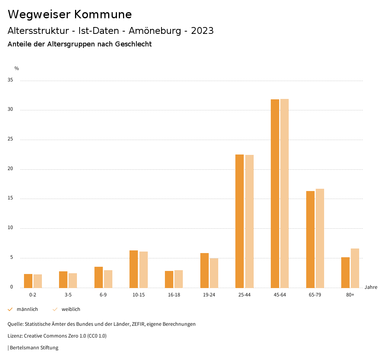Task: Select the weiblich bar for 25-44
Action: pyautogui.click(x=249, y=221)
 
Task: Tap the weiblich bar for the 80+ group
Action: pyautogui.click(x=355, y=268)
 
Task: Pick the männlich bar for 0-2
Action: pyautogui.click(x=28, y=281)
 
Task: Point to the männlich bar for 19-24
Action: pyautogui.click(x=205, y=270)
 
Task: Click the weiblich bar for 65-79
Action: pyautogui.click(x=320, y=238)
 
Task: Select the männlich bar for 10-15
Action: pyautogui.click(x=134, y=269)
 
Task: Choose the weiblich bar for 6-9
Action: pyautogui.click(x=108, y=279)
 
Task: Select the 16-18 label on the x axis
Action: pyautogui.click(x=174, y=295)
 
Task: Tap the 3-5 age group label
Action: pyautogui.click(x=68, y=295)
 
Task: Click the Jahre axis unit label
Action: pyautogui.click(x=371, y=287)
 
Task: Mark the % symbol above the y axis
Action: pyautogui.click(x=17, y=68)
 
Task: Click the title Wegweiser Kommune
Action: pyautogui.click(x=70, y=14)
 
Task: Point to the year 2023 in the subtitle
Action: pyautogui.click(x=202, y=31)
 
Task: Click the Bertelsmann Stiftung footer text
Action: pyautogui.click(x=34, y=347)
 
